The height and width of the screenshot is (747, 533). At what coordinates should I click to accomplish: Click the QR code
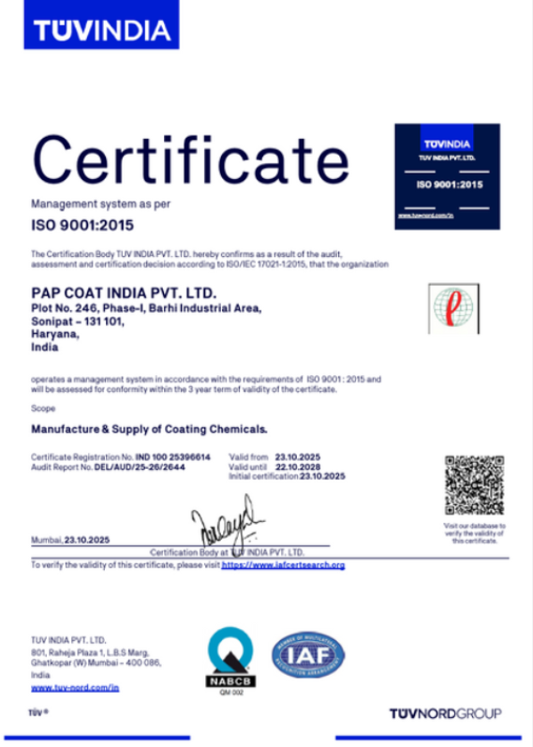coord(475,485)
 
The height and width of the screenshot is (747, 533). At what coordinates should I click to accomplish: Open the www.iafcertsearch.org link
coord(284,565)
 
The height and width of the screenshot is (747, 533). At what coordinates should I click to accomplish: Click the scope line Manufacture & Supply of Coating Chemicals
coord(150,429)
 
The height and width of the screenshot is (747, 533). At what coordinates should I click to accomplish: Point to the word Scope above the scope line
coord(43,409)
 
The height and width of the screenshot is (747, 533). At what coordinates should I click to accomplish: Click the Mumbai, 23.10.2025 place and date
coord(72,541)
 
